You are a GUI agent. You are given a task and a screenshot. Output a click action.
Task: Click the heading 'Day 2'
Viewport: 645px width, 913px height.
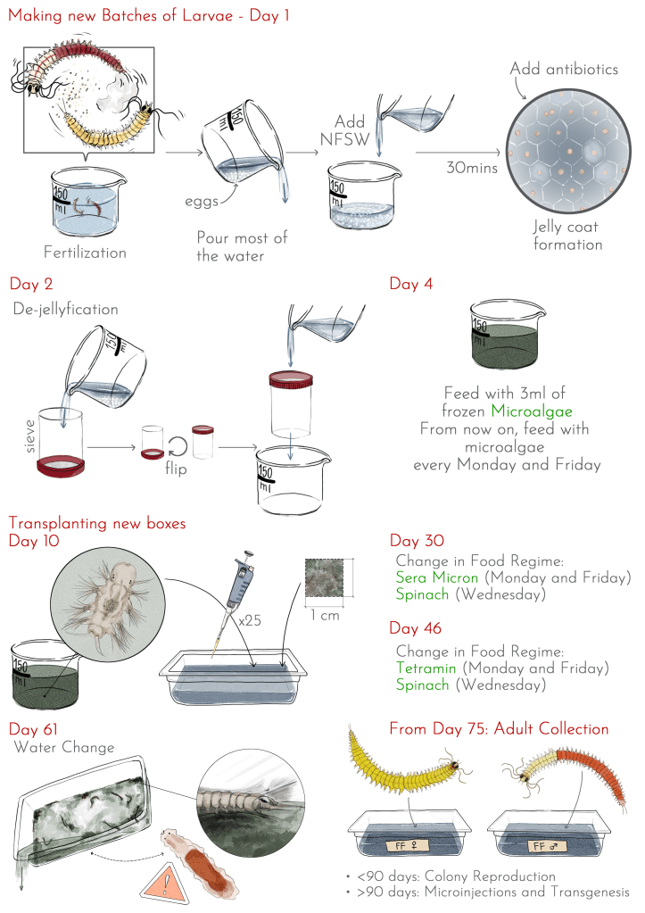point(31,284)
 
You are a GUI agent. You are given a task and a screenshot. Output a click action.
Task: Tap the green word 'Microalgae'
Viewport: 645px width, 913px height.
point(532,411)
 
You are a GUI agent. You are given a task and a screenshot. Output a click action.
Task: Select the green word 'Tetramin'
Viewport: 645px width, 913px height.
point(426,668)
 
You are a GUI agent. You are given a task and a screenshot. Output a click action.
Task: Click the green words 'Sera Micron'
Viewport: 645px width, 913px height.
point(436,577)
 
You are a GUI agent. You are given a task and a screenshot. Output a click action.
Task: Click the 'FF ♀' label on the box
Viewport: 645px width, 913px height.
point(406,845)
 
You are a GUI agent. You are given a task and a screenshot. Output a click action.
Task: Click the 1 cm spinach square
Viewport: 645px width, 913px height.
point(324,577)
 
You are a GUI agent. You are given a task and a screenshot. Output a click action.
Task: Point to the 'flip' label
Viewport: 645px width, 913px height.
point(175,469)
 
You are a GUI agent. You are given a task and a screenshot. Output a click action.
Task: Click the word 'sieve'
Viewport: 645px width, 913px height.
point(29,436)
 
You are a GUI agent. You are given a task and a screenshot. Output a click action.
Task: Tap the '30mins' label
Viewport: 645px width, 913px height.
point(472,168)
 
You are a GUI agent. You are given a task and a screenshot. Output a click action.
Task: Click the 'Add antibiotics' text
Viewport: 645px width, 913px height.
point(564,69)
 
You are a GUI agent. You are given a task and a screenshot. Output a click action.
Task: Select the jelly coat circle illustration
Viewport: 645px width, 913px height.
point(568,151)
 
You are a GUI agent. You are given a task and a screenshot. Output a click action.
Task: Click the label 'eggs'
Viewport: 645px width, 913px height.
point(201,202)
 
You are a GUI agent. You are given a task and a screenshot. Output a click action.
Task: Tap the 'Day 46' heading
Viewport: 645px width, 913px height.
point(415,628)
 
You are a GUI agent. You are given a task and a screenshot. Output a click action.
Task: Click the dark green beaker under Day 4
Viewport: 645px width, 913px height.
point(505,336)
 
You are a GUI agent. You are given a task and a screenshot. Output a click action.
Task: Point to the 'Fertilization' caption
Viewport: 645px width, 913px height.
point(85,252)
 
